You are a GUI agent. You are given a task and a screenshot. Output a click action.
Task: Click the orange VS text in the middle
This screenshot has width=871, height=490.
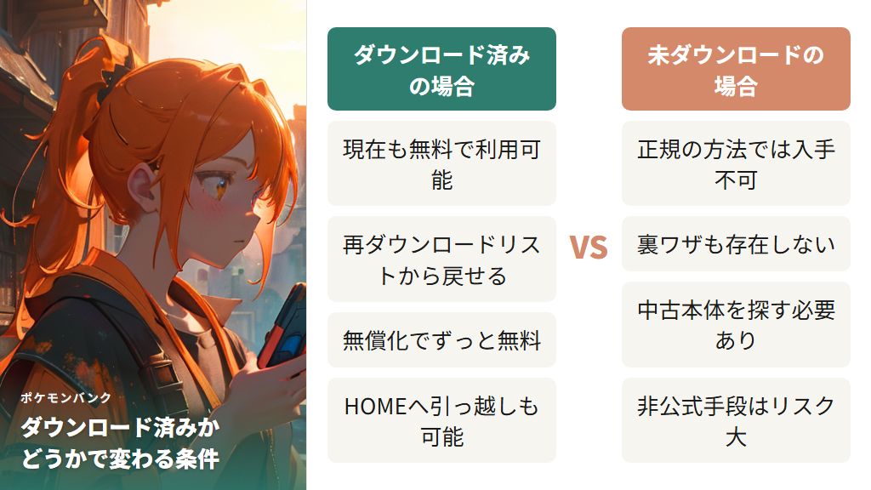[x=589, y=248]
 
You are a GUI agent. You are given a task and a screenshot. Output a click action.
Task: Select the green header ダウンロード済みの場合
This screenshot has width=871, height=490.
[x=441, y=70]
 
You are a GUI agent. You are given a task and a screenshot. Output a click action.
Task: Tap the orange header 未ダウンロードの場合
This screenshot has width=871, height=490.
[x=736, y=70]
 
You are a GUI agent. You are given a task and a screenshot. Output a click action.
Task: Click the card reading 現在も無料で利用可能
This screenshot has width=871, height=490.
[x=441, y=163]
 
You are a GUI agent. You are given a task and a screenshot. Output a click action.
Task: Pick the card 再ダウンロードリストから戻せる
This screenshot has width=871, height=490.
[x=441, y=259]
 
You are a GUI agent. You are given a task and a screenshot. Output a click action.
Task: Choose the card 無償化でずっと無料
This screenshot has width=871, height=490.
[x=441, y=340]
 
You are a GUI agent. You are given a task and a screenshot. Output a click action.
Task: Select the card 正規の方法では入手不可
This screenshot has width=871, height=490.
[x=736, y=163]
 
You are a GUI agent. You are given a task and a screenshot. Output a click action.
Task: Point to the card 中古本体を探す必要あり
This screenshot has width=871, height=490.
[x=736, y=324]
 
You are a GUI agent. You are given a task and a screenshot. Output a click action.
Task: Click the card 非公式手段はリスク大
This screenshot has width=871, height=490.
[x=736, y=420]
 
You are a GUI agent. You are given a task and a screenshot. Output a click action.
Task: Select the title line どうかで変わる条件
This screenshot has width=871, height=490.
[x=120, y=459]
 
